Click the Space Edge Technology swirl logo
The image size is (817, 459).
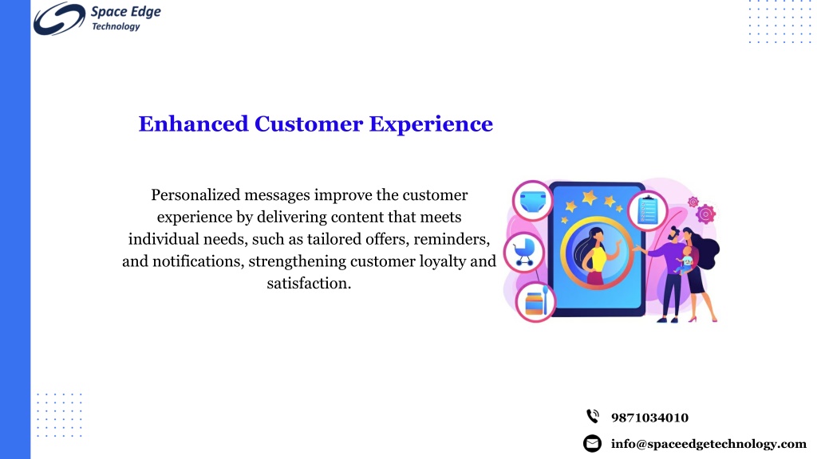(x=59, y=19)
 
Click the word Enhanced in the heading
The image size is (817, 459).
(x=193, y=124)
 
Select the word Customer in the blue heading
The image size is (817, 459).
(x=309, y=124)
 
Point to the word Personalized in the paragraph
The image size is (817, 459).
(x=195, y=195)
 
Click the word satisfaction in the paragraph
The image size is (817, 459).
(x=309, y=283)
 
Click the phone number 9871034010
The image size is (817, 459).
(x=649, y=418)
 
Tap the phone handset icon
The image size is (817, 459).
(x=593, y=416)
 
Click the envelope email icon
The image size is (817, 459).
(x=592, y=443)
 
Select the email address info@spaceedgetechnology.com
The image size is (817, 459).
(x=708, y=444)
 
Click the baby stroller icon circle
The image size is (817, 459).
(x=524, y=253)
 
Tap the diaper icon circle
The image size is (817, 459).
(x=532, y=201)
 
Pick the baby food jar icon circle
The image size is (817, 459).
(x=535, y=302)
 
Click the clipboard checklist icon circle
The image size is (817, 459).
(x=648, y=210)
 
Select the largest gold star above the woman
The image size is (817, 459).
(x=590, y=198)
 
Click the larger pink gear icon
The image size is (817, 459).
(x=706, y=214)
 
